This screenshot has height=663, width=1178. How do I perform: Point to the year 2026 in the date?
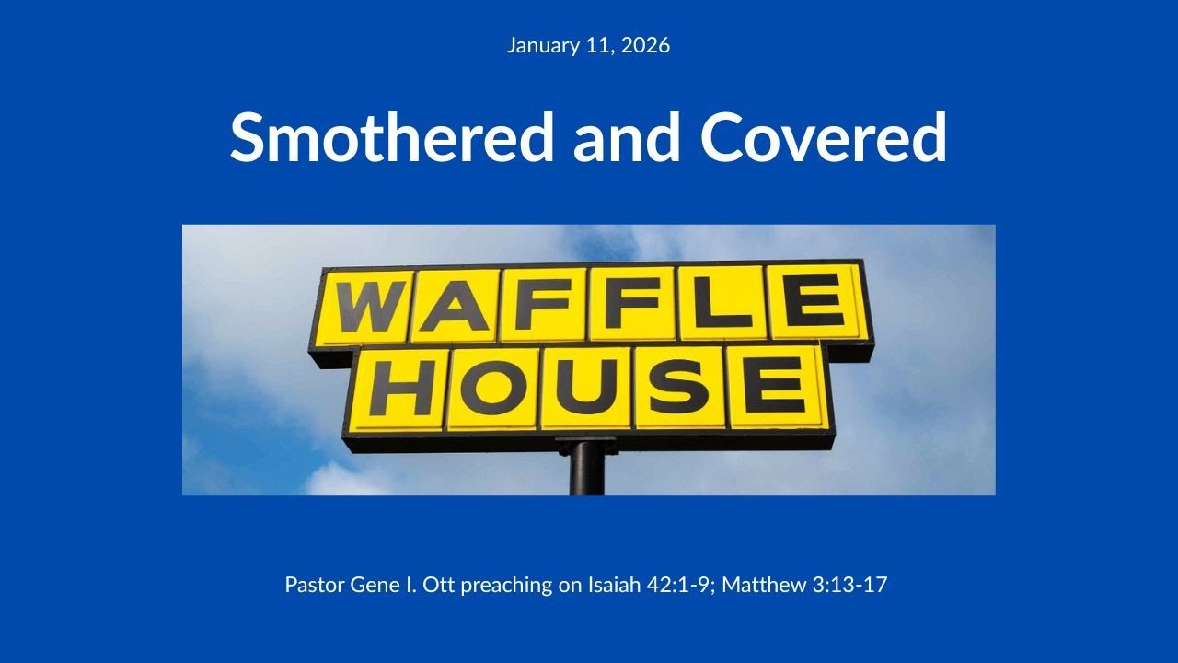[x=645, y=45]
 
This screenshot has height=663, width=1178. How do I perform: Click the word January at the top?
[x=543, y=45]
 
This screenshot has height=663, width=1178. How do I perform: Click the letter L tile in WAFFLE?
[x=721, y=301]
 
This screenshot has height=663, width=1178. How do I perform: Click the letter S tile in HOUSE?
[x=679, y=387]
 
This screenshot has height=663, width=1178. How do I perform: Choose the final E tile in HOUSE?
[x=773, y=387]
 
